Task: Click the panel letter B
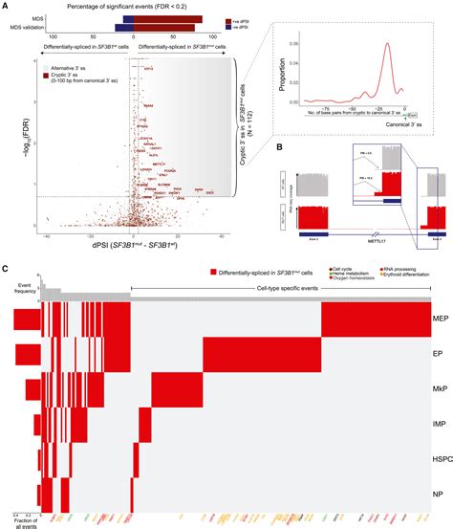[278, 145]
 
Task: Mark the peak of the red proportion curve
[385, 50]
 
